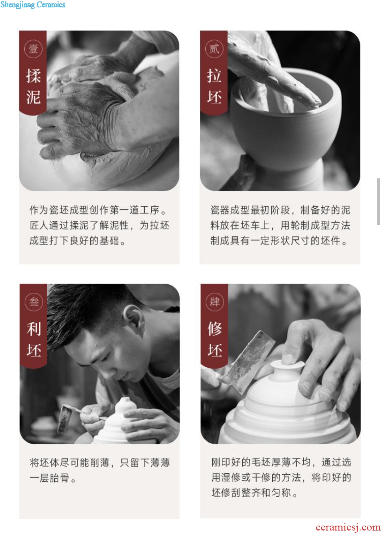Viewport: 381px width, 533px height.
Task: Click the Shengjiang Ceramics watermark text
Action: (x=33, y=5)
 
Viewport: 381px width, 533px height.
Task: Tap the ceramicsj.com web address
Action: (x=348, y=527)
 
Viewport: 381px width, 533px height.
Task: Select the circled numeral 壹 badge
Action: (x=33, y=49)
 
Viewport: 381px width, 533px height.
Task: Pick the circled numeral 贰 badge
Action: (x=214, y=49)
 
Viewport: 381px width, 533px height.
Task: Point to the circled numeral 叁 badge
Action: (x=34, y=302)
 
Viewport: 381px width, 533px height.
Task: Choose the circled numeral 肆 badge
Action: (x=214, y=302)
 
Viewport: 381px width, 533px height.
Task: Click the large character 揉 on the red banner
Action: (x=33, y=76)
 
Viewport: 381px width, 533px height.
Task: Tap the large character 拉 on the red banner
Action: (x=214, y=76)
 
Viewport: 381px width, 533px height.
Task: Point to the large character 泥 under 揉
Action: (x=33, y=97)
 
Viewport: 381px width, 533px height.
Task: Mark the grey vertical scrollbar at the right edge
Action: (x=379, y=201)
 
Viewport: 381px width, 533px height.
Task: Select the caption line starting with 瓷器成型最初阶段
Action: (x=280, y=210)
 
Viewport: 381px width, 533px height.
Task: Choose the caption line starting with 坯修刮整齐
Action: (x=255, y=492)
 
